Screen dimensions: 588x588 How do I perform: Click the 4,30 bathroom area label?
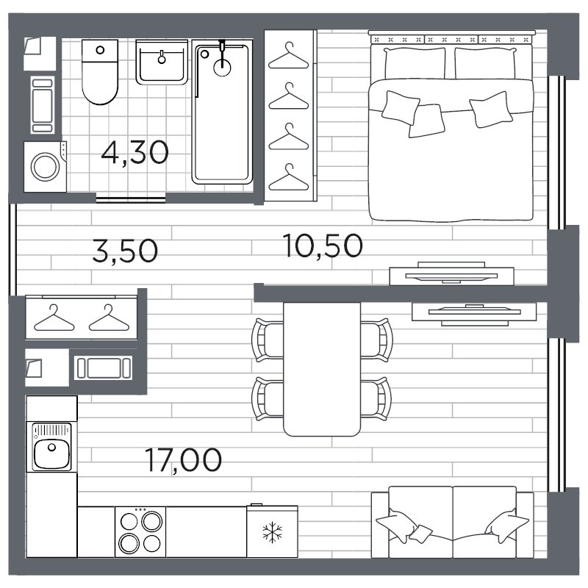135,153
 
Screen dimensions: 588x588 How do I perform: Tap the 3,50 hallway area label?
125,251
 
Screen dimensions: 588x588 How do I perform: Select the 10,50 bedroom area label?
323,245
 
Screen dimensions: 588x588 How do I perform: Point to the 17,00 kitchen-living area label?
183,461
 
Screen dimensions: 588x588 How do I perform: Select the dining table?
322,368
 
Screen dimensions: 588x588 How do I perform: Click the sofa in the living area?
452,523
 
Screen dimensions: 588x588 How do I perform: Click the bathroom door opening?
131,197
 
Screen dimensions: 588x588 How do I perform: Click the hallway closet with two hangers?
82,317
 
